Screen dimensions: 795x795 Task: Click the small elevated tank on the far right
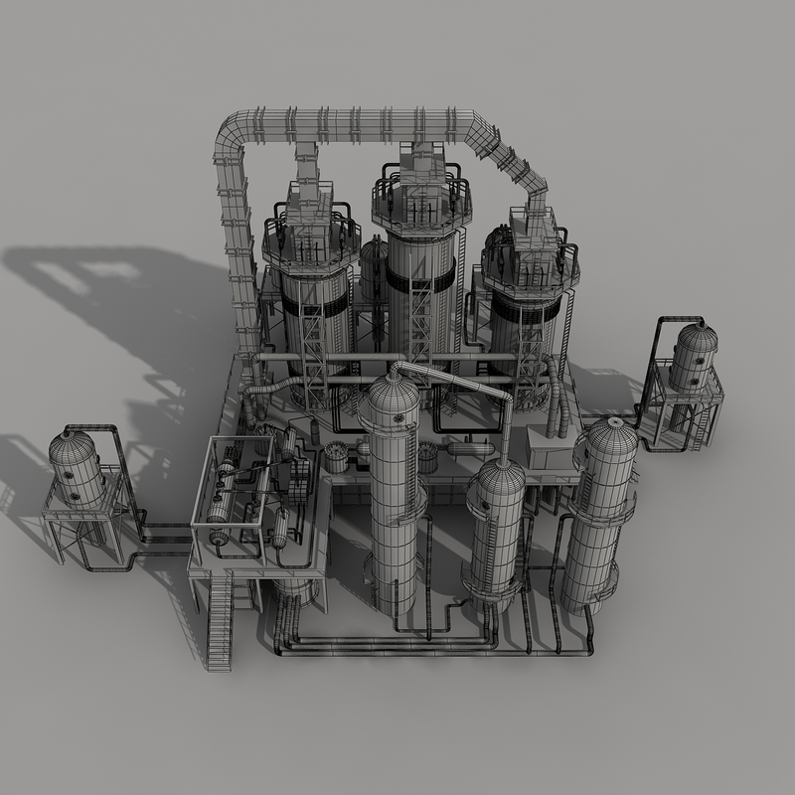pos(693,357)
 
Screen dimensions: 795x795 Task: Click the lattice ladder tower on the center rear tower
pos(420,318)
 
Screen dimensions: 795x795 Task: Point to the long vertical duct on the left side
pos(239,268)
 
